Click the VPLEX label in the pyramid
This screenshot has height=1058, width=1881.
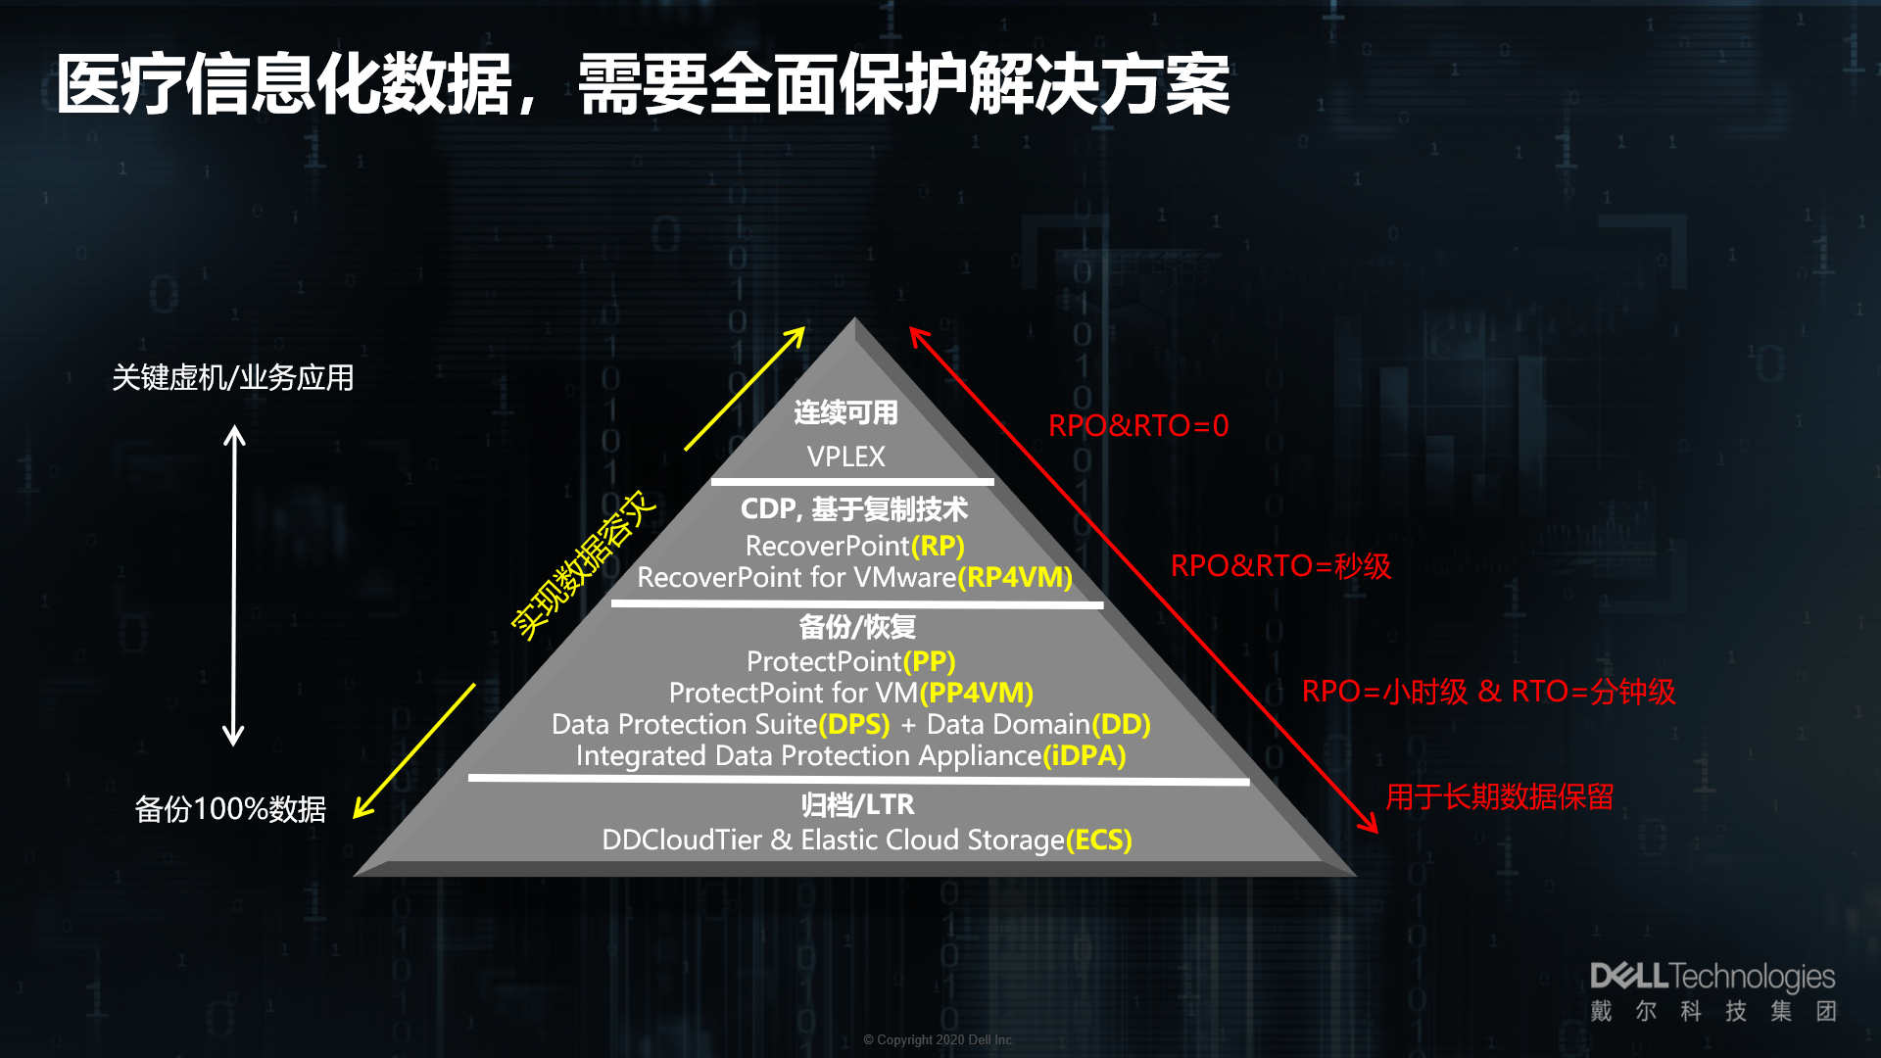(x=845, y=457)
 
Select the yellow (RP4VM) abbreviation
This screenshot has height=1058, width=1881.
(x=1015, y=577)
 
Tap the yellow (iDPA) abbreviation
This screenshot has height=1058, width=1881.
(x=1085, y=755)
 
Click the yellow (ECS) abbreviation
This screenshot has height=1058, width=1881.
(x=1099, y=840)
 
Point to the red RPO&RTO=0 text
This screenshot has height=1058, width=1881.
(x=1138, y=426)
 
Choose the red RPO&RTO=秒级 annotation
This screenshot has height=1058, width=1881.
(x=1280, y=566)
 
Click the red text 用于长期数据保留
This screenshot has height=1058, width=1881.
(x=1500, y=796)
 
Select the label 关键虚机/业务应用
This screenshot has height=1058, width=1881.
(x=233, y=377)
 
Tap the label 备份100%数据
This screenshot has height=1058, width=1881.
(x=230, y=809)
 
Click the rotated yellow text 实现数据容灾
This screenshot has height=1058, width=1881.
(x=583, y=565)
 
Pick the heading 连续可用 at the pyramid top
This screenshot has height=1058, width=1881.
(x=845, y=412)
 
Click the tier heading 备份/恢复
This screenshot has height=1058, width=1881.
(x=857, y=626)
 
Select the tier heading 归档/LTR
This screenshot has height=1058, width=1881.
(x=857, y=804)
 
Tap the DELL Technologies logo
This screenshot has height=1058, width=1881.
(x=1712, y=991)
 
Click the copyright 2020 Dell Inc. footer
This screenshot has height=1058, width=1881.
(x=939, y=1039)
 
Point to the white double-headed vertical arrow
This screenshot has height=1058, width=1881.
(x=233, y=585)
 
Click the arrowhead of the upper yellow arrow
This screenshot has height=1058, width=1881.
(x=797, y=334)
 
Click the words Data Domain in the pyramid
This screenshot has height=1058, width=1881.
(x=1008, y=724)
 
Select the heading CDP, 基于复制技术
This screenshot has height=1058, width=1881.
(x=853, y=508)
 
